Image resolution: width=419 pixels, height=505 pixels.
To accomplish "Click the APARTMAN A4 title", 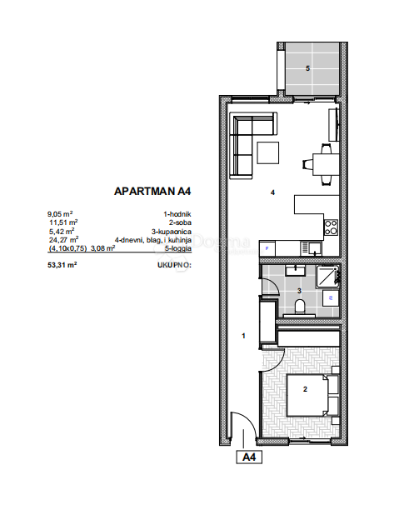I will tap(153, 190).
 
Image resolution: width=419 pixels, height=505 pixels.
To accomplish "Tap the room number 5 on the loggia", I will tap(308, 68).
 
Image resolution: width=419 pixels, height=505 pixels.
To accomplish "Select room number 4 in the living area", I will tap(272, 192).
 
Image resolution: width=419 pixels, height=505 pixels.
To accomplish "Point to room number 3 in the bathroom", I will tap(299, 290).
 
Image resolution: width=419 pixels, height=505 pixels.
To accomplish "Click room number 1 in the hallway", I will tap(242, 336).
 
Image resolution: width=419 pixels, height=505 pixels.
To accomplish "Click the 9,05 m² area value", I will tap(62, 215).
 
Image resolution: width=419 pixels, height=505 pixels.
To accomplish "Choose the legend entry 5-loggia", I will tap(177, 247).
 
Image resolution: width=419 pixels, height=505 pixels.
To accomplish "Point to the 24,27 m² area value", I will tap(64, 239).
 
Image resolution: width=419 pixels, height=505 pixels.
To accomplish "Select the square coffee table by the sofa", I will tap(268, 153).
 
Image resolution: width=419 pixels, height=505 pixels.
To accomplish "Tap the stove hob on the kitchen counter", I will tap(331, 225).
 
